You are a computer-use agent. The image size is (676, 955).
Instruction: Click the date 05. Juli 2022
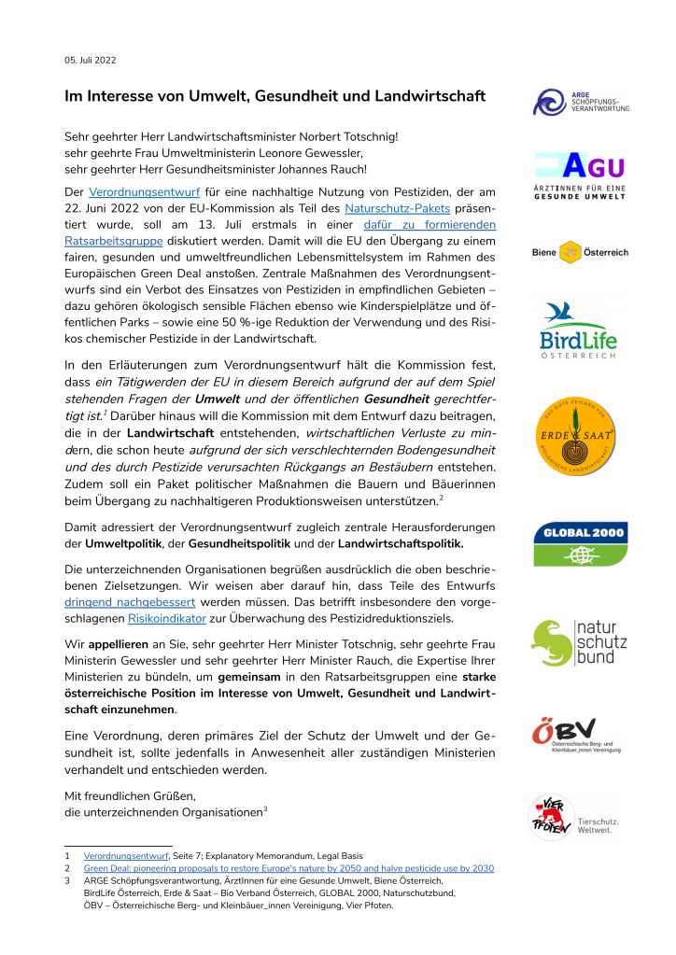point(90,61)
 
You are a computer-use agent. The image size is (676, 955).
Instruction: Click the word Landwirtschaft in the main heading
point(432,96)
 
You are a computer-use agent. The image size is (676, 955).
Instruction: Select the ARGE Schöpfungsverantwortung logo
point(580,101)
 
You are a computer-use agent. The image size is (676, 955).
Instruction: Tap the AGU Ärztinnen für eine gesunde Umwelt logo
point(580,174)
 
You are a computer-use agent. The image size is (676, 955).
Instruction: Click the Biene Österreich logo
point(580,252)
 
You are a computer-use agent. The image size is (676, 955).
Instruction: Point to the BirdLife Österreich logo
point(580,330)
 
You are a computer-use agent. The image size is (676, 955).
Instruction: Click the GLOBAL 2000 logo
point(580,543)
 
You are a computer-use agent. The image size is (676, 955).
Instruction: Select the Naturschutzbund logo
point(580,643)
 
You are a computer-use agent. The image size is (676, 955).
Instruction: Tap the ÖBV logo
point(580,736)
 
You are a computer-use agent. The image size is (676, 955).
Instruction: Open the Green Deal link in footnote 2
point(289,868)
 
